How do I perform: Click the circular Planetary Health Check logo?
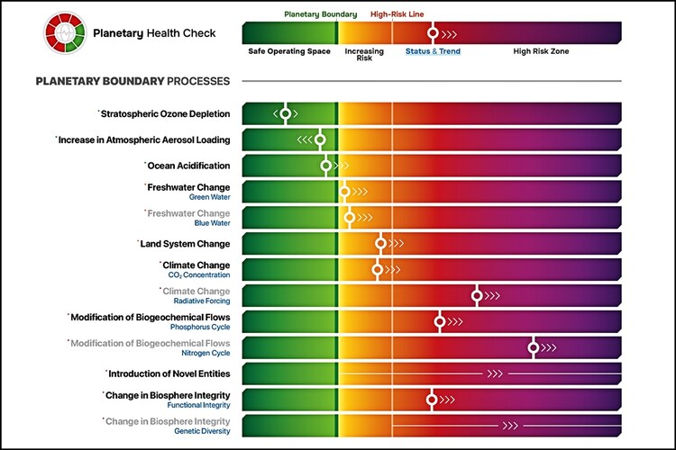click(x=66, y=33)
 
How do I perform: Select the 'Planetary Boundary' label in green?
click(x=320, y=14)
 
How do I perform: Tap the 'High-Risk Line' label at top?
click(x=397, y=14)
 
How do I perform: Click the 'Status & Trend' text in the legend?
click(x=433, y=51)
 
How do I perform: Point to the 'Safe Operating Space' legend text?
click(x=288, y=51)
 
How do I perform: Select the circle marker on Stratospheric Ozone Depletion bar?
click(x=286, y=113)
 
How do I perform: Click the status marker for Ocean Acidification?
click(x=326, y=166)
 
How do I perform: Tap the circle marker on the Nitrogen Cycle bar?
click(x=534, y=347)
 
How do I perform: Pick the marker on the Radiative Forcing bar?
click(x=478, y=295)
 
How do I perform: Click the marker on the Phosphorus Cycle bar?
click(x=440, y=321)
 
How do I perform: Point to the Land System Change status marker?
click(x=381, y=243)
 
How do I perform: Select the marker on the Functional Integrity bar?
click(x=432, y=400)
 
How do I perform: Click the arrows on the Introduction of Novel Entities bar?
click(x=495, y=373)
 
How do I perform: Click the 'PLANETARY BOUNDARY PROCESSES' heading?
click(x=132, y=81)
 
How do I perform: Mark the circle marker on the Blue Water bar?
click(x=350, y=217)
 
